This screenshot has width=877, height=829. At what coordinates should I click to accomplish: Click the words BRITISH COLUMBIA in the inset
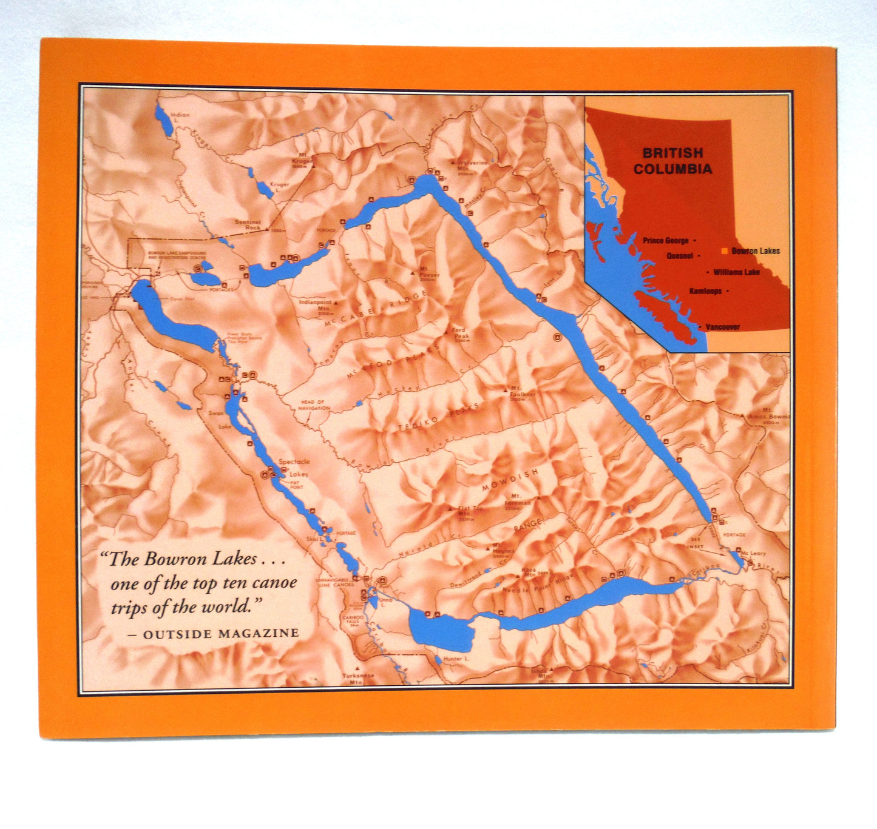[x=672, y=161]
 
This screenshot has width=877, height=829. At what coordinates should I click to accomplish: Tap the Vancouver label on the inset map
[x=722, y=327]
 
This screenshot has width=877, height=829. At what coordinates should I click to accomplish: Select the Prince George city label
[x=665, y=240]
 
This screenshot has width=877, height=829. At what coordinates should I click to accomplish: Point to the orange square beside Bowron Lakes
[x=724, y=250]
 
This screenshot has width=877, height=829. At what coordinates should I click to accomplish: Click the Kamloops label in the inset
[x=705, y=291]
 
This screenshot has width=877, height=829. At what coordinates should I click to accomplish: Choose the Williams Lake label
[x=736, y=272]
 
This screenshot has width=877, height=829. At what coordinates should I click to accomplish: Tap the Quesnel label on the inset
[x=680, y=256]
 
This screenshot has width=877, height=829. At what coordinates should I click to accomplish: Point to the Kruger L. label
[x=279, y=187]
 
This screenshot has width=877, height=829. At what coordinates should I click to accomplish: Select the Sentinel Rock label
[x=248, y=224]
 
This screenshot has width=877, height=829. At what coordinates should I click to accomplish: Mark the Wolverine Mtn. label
[x=473, y=166]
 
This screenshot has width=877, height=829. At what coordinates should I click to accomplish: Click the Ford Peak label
[x=461, y=334]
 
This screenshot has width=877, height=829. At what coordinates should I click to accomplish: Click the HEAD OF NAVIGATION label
[x=314, y=405]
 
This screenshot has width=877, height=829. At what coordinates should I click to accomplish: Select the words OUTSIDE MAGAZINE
[x=221, y=634]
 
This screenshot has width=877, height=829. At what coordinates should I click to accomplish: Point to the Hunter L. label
[x=456, y=659]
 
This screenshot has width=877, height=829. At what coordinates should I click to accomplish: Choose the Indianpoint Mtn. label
[x=316, y=305]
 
